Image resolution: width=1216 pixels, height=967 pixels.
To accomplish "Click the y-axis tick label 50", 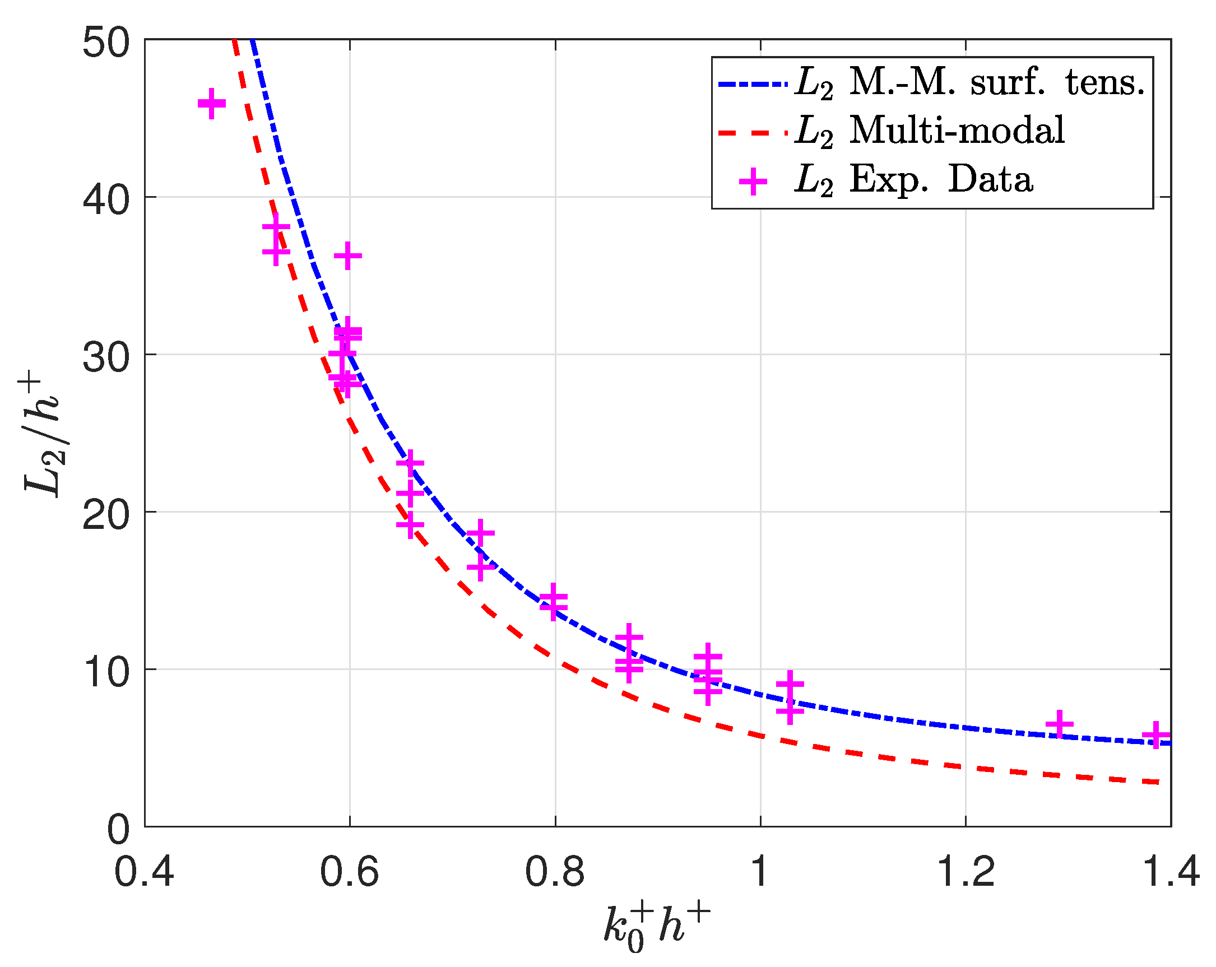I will pyautogui.click(x=106, y=43).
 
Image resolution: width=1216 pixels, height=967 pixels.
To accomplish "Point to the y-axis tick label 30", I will pyautogui.click(x=106, y=358).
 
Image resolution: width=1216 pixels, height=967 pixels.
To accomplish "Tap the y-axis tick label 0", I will pyautogui.click(x=118, y=830).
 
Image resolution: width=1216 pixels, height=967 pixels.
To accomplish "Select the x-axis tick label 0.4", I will pyautogui.click(x=145, y=872).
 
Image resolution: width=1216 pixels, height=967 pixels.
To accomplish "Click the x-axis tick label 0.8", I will pyautogui.click(x=555, y=872).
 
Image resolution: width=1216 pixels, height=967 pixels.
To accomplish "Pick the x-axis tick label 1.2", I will pyautogui.click(x=965, y=872).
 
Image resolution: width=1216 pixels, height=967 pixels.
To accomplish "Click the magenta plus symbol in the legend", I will pyautogui.click(x=753, y=181).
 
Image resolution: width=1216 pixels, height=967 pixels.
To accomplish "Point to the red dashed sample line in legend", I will pyautogui.click(x=752, y=133).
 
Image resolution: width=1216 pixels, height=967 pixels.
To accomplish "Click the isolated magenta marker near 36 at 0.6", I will pyautogui.click(x=348, y=256).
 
